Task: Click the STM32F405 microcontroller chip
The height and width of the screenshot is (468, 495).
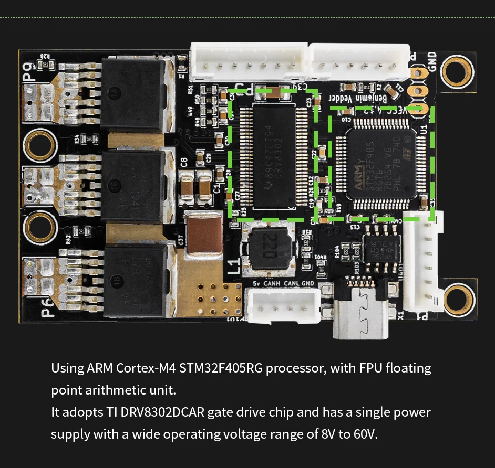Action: [381, 162]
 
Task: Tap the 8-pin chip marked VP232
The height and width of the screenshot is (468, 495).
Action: [382, 249]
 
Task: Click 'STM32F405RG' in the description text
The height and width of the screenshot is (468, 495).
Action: [221, 368]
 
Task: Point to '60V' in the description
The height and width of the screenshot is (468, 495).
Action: [364, 434]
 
